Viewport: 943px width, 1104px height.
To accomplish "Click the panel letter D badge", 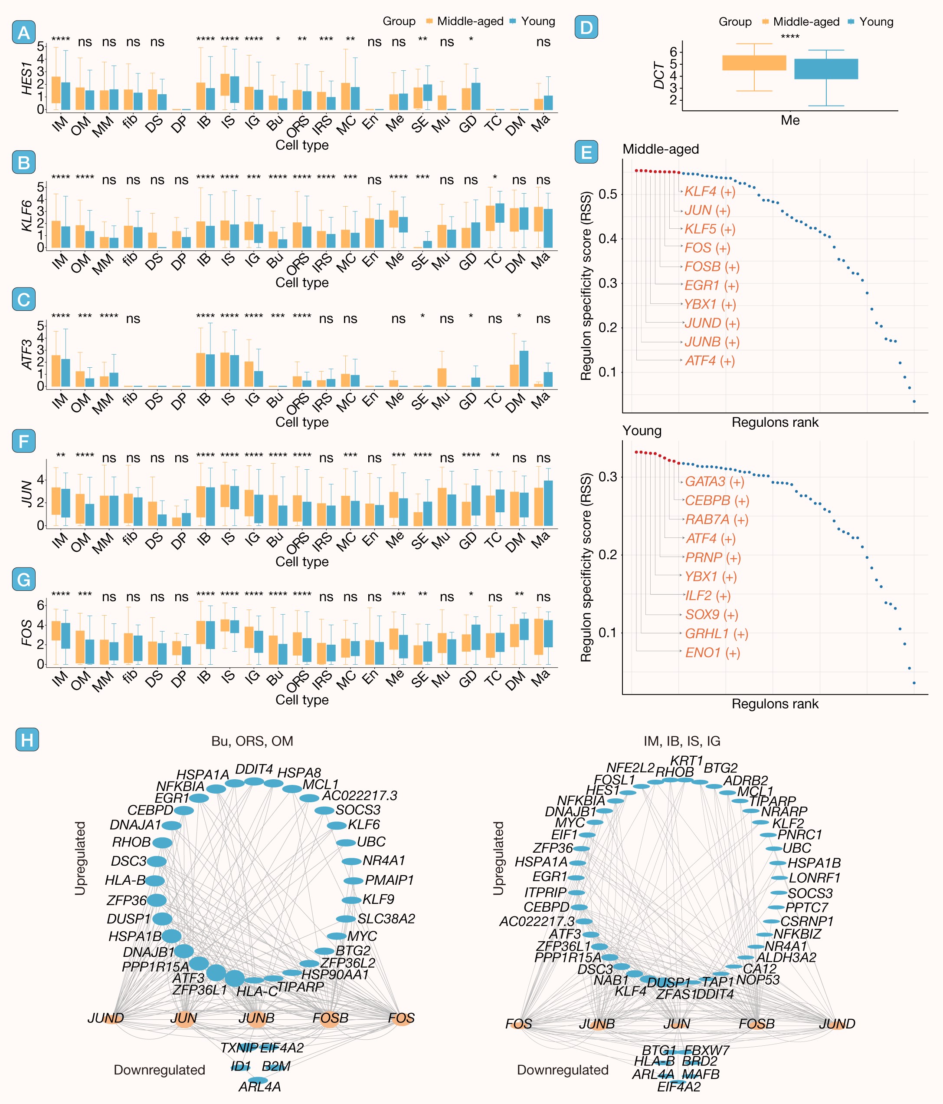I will click(x=586, y=27).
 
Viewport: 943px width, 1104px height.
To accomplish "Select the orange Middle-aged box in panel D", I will click(x=754, y=63).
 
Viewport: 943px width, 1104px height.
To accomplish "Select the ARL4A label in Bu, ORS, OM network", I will click(x=259, y=1087).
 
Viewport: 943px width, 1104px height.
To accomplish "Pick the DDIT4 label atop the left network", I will click(x=254, y=769).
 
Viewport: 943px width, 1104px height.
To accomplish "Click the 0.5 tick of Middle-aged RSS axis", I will click(x=608, y=194).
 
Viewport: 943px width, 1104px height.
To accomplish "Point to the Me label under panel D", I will click(x=790, y=120).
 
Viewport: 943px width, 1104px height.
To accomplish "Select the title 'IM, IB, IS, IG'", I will click(x=681, y=741).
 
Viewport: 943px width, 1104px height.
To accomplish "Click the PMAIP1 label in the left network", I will click(x=389, y=880).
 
